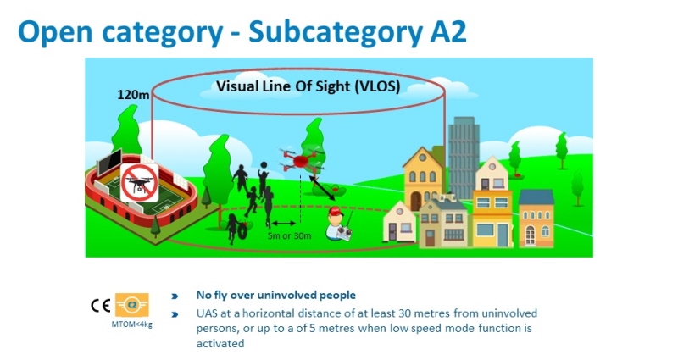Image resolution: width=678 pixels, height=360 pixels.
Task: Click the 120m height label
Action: (133, 95)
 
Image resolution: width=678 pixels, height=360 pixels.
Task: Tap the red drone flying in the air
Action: (301, 160)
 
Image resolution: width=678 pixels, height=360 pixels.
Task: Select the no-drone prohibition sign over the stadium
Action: (139, 183)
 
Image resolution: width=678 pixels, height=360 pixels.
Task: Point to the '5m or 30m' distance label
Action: (289, 236)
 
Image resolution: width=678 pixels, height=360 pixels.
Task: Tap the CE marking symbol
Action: (101, 306)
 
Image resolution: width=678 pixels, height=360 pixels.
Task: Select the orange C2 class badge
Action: (132, 305)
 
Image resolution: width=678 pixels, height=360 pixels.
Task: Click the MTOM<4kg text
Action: (132, 324)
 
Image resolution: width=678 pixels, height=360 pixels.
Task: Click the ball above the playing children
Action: (264, 164)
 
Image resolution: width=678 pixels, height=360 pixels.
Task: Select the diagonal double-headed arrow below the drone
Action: (322, 187)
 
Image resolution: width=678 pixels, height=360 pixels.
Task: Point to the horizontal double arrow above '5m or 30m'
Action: (284, 224)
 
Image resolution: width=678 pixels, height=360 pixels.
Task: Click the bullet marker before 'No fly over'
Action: (175, 296)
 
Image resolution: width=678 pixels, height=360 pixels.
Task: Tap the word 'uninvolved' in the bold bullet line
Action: (286, 295)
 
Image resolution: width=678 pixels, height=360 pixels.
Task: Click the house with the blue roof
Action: (536, 218)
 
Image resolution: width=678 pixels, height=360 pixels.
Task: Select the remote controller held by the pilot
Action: (345, 233)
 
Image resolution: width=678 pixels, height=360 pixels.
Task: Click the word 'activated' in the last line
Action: (220, 344)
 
